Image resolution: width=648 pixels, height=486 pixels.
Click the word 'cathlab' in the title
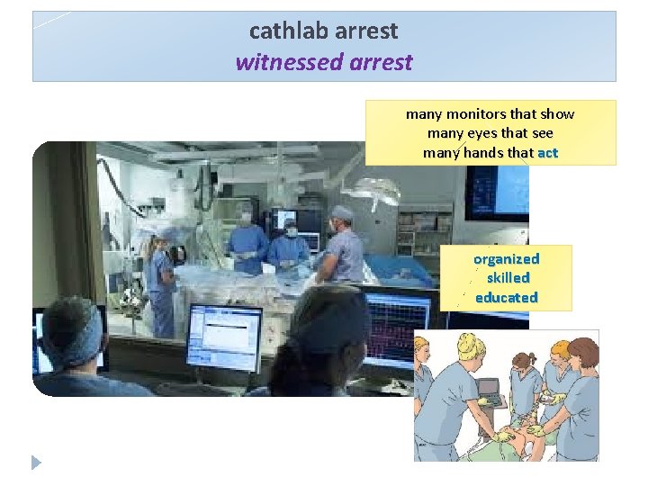[288, 31]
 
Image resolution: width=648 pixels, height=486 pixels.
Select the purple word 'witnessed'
[277, 62]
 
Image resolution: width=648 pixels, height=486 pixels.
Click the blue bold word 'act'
[547, 153]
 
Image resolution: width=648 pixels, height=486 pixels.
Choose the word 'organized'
[506, 258]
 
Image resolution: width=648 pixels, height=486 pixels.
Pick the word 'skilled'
[507, 278]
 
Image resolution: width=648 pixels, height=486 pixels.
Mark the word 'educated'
[506, 298]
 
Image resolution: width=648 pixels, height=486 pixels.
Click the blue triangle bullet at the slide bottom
[36, 463]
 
